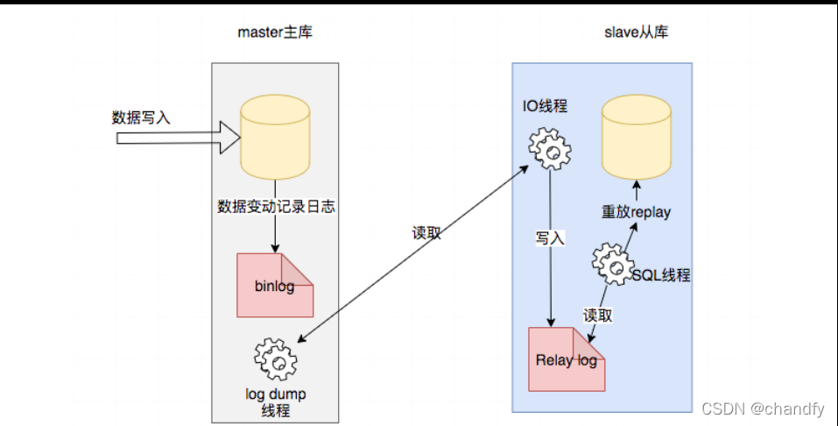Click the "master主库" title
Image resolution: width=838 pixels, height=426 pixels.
(275, 33)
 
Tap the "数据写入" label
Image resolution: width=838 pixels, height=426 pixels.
(141, 117)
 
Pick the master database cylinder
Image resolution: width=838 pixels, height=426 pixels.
(275, 138)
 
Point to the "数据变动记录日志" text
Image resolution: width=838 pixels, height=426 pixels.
(276, 208)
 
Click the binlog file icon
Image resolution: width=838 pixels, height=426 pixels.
(275, 285)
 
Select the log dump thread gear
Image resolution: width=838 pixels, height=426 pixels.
(275, 358)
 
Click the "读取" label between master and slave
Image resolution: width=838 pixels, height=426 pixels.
(426, 233)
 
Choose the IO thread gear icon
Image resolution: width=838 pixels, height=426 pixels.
(550, 150)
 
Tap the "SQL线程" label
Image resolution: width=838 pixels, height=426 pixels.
(661, 275)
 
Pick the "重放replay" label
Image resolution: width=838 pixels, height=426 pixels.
(637, 212)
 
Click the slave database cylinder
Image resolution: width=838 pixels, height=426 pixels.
(637, 138)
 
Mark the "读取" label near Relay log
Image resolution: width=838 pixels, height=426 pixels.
(597, 316)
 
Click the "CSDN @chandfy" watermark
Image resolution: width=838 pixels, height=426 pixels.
(763, 409)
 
